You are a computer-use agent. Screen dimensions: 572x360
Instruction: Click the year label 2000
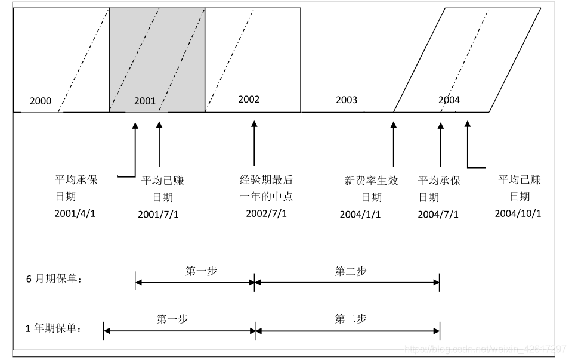click(x=41, y=101)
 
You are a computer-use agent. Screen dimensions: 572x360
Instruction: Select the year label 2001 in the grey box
click(x=144, y=101)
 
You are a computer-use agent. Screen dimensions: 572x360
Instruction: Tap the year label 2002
click(x=249, y=99)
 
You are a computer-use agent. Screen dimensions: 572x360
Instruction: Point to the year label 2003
click(x=347, y=100)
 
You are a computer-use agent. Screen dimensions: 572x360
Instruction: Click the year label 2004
click(x=449, y=100)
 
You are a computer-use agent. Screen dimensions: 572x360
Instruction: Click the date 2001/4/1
click(x=75, y=213)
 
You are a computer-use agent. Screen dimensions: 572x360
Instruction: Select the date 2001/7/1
click(x=158, y=214)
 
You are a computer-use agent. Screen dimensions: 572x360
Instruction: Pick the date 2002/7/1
click(x=266, y=213)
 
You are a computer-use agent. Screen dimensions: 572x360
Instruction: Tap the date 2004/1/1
click(x=360, y=214)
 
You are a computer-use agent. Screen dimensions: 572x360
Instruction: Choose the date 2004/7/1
click(x=438, y=214)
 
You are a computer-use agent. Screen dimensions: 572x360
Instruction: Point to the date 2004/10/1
click(x=518, y=213)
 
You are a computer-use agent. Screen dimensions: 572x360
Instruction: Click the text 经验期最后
click(x=266, y=180)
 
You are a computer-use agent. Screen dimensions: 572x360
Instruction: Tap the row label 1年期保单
click(x=54, y=328)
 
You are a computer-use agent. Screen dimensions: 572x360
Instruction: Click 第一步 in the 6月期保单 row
click(x=201, y=271)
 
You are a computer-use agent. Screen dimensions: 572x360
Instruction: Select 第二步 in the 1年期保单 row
click(x=350, y=319)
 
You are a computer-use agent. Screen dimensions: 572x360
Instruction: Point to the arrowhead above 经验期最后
click(x=254, y=124)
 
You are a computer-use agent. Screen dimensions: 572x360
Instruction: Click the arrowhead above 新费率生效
click(x=393, y=124)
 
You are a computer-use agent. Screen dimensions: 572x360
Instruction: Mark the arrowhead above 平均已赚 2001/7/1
click(x=159, y=124)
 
